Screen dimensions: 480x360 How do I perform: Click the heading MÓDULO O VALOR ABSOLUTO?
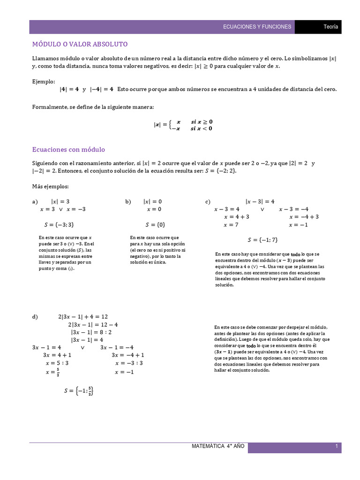[80, 44]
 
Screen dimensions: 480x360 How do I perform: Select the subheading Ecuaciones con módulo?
[68, 150]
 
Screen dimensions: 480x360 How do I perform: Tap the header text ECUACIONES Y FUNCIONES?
[257, 27]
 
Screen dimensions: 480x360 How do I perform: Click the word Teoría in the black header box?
[331, 27]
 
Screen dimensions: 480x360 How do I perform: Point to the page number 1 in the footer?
[337, 446]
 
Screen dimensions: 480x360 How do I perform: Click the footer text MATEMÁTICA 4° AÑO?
[218, 446]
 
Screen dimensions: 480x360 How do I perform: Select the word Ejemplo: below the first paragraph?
[44, 81]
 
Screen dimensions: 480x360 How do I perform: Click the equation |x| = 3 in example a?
[60, 202]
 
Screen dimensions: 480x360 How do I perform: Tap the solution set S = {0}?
[155, 225]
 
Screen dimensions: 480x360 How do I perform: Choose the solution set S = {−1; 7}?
[262, 240]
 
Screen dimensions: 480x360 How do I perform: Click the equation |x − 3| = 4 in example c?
[260, 202]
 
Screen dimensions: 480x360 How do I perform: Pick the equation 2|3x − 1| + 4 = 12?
[83, 317]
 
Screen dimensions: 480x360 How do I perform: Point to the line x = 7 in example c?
[231, 225]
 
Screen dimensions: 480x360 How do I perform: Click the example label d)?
[35, 317]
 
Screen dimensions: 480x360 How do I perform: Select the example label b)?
[128, 202]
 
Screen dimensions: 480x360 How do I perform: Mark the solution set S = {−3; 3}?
[59, 225]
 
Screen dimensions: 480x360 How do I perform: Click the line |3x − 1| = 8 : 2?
[91, 332]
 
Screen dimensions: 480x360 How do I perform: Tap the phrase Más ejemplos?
[50, 186]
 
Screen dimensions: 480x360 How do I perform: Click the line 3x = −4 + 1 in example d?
[128, 355]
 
